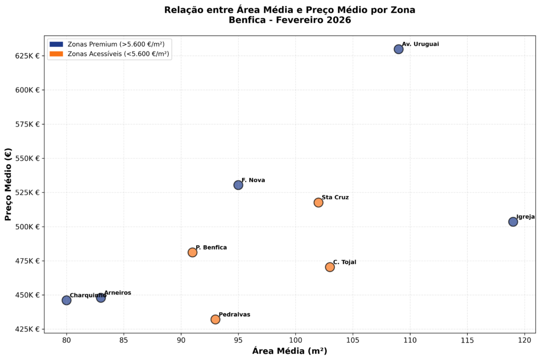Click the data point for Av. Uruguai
coord(399,49)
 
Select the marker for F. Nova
coord(238,185)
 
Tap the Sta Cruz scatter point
coord(319,202)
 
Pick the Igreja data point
coord(513,222)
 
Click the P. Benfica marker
coord(192,252)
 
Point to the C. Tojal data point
coord(330,267)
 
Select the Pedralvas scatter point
coord(215,319)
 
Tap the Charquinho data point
coord(66,300)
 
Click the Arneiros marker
coord(101,298)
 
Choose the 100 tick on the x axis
coord(295,341)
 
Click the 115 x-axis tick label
coord(467,341)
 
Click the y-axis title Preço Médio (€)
coord(8,184)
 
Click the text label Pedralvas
coord(234,315)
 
